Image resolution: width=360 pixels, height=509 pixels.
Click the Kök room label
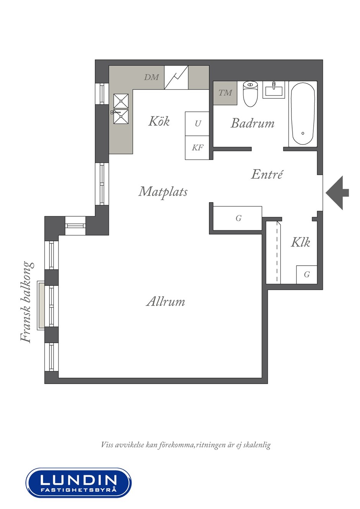(x=159, y=121)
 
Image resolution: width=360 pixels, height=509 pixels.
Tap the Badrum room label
(x=252, y=123)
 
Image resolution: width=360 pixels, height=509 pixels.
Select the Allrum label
(x=165, y=302)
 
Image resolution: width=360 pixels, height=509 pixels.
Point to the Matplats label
(x=163, y=192)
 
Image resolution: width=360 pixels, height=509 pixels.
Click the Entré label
(x=267, y=174)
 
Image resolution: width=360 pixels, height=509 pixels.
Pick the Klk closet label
(x=300, y=242)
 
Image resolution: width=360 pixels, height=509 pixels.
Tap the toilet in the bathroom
(x=250, y=94)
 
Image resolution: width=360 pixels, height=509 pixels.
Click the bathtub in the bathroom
(x=303, y=114)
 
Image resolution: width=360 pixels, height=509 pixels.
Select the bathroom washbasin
(x=274, y=90)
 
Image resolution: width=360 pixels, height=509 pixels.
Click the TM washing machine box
(x=225, y=93)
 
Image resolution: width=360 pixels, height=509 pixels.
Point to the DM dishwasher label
(x=151, y=77)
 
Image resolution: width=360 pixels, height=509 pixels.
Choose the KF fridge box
(x=197, y=148)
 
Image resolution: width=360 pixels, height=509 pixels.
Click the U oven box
(x=197, y=124)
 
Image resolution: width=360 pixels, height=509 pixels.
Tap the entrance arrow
(x=337, y=193)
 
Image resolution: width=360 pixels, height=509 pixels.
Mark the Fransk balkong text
(x=26, y=302)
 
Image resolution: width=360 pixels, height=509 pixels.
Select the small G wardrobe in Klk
(x=306, y=274)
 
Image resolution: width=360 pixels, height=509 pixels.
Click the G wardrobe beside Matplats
(x=238, y=219)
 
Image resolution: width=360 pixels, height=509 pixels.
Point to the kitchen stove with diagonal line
(x=176, y=77)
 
